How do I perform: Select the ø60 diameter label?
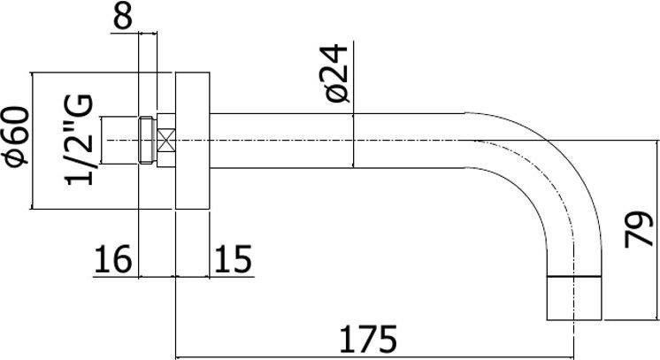16,141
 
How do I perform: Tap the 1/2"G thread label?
81,140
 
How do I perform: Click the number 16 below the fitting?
112,260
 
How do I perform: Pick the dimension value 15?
233,260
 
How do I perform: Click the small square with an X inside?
168,139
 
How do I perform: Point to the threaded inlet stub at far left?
122,139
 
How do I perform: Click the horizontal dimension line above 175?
372,357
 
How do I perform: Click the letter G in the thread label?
81,107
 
